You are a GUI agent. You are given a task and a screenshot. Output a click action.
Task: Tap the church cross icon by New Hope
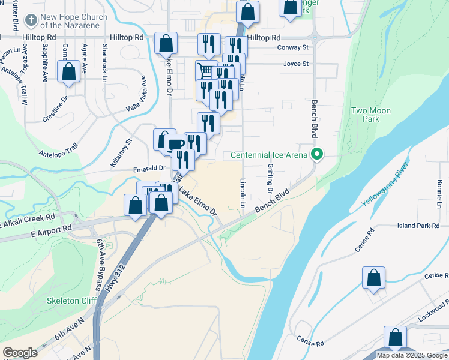pyautogui.click(x=31, y=21)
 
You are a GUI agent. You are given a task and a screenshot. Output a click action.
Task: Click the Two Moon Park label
pyautogui.click(x=370, y=115)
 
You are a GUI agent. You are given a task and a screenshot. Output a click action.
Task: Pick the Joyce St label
pyautogui.click(x=296, y=64)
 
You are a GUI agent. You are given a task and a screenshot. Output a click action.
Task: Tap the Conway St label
pyautogui.click(x=293, y=47)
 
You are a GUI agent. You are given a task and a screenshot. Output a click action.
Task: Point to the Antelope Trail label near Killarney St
pyautogui.click(x=59, y=149)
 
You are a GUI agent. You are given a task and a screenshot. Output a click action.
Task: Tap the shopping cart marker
pyautogui.click(x=206, y=71)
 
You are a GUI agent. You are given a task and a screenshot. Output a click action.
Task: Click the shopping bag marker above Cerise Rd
pyautogui.click(x=373, y=278)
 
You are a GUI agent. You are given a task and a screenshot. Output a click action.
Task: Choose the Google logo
pyautogui.click(x=20, y=353)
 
